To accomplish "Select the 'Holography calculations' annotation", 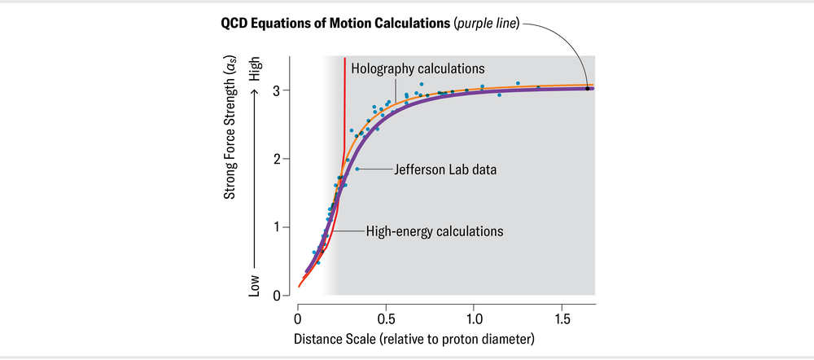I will pos(418,68).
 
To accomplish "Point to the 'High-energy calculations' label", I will pos(435,231).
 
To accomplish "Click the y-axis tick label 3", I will pos(277,90).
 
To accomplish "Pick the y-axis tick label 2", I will pos(277,159).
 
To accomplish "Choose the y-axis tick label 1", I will pos(277,227).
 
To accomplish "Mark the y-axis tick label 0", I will pos(277,296).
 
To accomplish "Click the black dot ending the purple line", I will pos(587,88).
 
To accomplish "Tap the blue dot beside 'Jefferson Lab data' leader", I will pos(357,169).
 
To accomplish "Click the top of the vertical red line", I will pos(345,59).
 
